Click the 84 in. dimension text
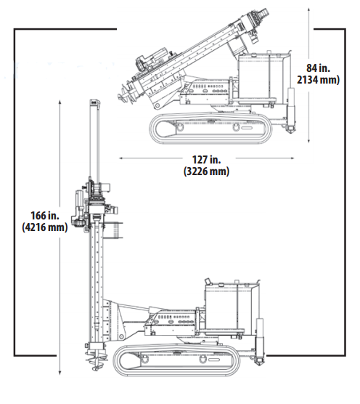coord(318,68)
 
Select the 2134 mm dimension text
coord(318,80)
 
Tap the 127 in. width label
coord(206,160)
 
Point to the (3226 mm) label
coord(206,171)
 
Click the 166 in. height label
coord(45,215)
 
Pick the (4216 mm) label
coord(45,227)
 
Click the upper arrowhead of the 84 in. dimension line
coord(308,9)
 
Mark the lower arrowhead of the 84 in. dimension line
coord(308,140)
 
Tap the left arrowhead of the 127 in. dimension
coord(121,158)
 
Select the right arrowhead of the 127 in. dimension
coord(292,158)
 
